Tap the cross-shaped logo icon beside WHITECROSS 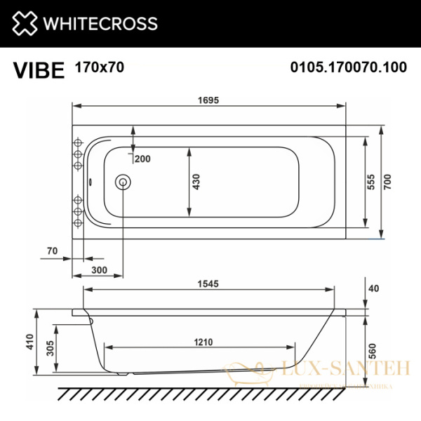coord(27,24)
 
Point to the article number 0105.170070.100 coord(349,68)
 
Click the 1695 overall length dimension coord(209,100)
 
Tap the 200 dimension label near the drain coord(142,159)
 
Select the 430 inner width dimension coord(196,182)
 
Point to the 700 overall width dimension coord(387,182)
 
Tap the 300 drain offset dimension coord(99,270)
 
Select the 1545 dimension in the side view coord(209,284)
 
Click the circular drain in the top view coord(123,182)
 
